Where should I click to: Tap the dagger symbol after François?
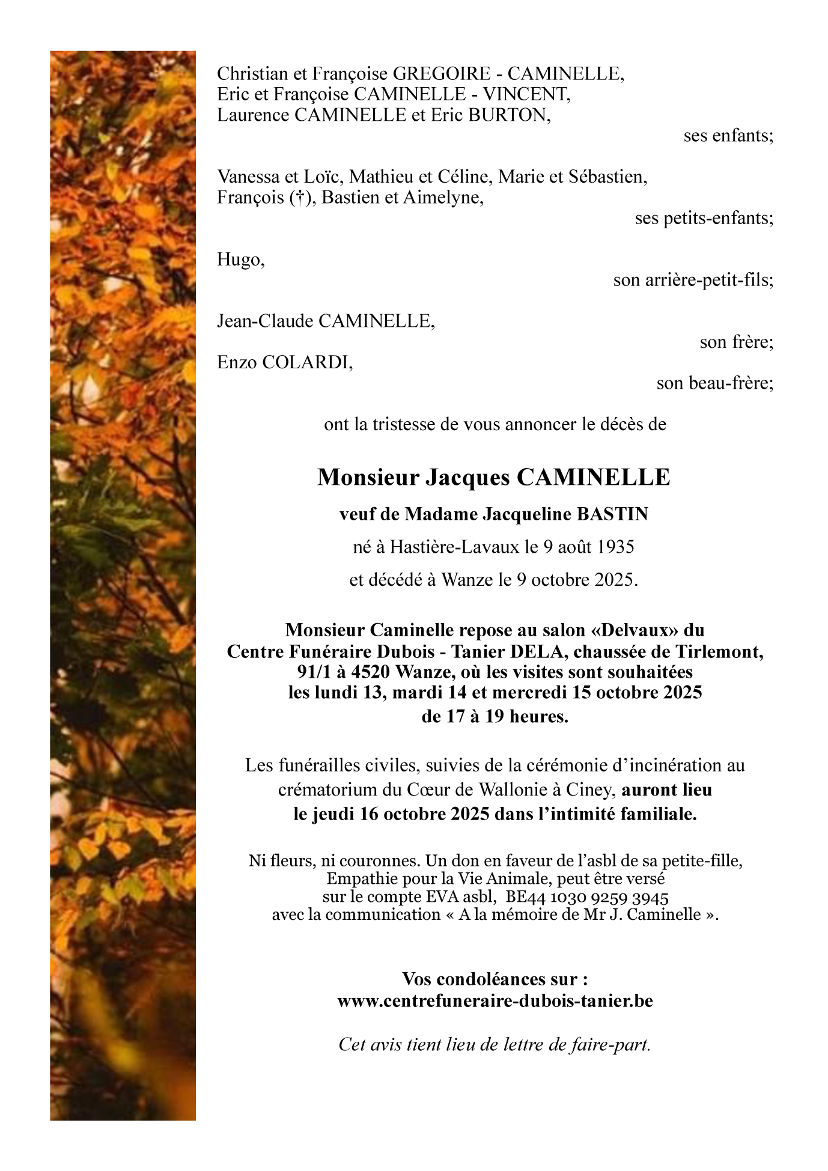tap(297, 198)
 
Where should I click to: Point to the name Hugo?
tap(240, 260)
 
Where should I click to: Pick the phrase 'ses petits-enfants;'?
tap(704, 218)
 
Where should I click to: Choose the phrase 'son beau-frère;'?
tap(714, 383)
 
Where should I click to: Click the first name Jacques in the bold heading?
tap(467, 478)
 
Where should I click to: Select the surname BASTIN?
tap(612, 514)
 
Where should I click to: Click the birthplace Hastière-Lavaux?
tap(454, 547)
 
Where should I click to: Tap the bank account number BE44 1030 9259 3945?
tap(587, 898)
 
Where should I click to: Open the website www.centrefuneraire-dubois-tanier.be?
tap(495, 1001)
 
